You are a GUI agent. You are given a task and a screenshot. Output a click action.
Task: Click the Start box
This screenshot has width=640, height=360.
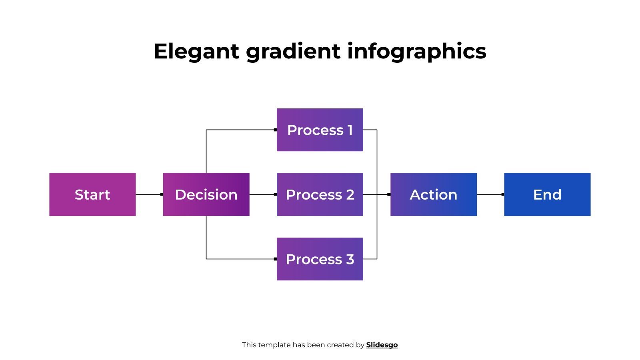[x=92, y=194]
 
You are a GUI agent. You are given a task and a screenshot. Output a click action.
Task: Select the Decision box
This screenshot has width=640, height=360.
[x=206, y=194]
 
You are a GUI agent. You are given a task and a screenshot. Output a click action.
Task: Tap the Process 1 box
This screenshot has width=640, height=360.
[x=320, y=130]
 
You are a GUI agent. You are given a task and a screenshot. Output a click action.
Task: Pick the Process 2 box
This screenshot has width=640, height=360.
[x=320, y=194]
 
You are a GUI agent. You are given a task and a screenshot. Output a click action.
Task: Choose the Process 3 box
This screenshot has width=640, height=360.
[x=320, y=259]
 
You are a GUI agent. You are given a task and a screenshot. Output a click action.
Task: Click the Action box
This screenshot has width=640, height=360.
[x=433, y=194]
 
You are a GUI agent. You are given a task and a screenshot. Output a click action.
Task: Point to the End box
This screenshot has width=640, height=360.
[x=547, y=194]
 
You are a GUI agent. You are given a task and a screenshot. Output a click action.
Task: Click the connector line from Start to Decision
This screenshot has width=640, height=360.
[x=148, y=194]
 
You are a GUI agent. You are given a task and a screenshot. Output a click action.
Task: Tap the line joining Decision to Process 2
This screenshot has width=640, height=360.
[x=262, y=194]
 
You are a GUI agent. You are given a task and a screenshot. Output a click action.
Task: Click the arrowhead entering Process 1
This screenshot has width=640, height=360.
[x=275, y=130]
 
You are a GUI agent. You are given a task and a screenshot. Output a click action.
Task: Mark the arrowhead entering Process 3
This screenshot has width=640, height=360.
[x=275, y=259]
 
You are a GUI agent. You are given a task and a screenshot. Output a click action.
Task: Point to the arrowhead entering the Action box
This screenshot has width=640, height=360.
[x=389, y=194]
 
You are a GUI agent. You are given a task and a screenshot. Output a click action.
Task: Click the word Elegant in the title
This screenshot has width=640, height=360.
[x=196, y=51]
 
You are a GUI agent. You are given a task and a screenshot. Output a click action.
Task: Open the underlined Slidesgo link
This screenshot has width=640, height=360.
[x=382, y=345]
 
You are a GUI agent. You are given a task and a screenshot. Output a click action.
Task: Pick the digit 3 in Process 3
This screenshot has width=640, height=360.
[x=350, y=259]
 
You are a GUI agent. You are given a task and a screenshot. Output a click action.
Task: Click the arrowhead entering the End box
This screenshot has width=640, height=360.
[x=502, y=194]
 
